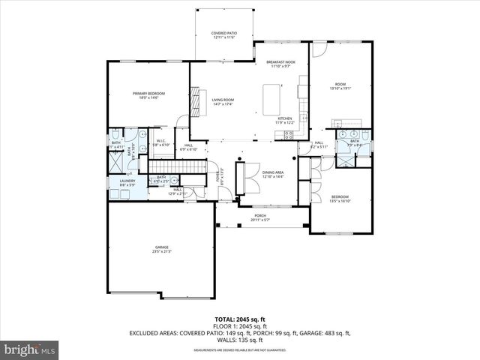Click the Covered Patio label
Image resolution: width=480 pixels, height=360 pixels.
pyautogui.click(x=223, y=35)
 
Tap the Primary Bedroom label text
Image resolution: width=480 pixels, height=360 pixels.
pyautogui.click(x=148, y=95)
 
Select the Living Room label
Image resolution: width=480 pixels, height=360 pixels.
pyautogui.click(x=223, y=101)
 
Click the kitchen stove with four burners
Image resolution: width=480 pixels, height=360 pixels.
pyautogui.click(x=287, y=134)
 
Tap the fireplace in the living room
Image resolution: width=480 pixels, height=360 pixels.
pyautogui.click(x=196, y=101)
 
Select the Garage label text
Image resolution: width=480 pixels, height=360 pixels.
pyautogui.click(x=161, y=249)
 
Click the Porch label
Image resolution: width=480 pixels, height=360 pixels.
pyautogui.click(x=260, y=217)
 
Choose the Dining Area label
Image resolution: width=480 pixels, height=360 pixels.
pyautogui.click(x=272, y=173)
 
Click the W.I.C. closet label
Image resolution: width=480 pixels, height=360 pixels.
pyautogui.click(x=161, y=142)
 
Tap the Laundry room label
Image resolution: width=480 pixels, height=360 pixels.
pyautogui.click(x=127, y=182)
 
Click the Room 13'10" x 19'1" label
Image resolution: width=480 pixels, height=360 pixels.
pyautogui.click(x=340, y=85)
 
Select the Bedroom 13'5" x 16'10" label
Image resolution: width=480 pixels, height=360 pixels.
pyautogui.click(x=340, y=199)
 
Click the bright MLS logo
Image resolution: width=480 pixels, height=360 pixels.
pyautogui.click(x=30, y=349)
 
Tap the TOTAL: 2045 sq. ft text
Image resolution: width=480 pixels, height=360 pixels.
pyautogui.click(x=239, y=319)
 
